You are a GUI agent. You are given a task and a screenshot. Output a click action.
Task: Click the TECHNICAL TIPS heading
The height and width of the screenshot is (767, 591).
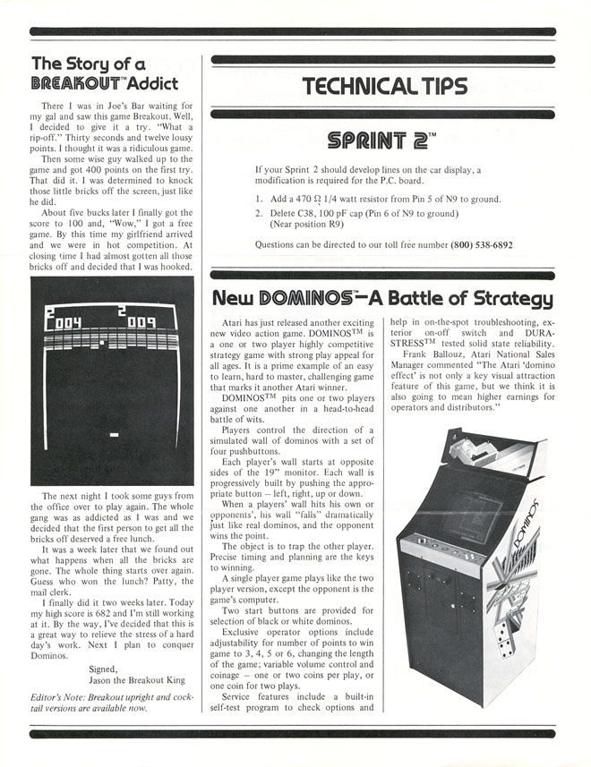click(385, 87)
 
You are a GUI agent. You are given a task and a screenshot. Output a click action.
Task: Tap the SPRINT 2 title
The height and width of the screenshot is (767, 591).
click(381, 141)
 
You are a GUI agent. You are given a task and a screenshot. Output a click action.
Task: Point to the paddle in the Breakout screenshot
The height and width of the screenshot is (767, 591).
click(114, 434)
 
